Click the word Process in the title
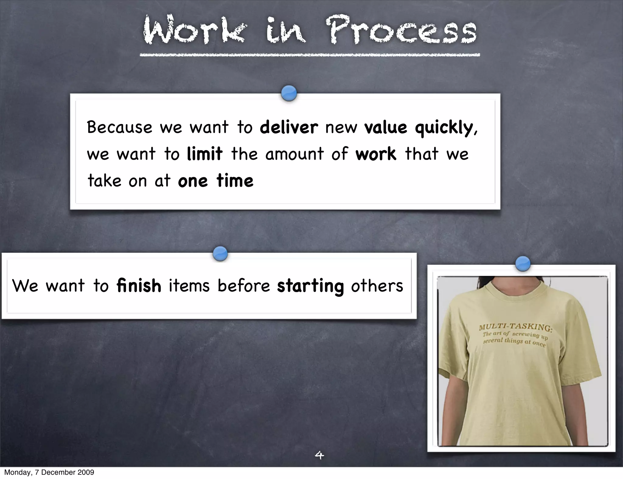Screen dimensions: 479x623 [402, 30]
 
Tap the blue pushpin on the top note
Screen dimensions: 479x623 [289, 93]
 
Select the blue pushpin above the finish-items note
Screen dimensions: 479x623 [220, 253]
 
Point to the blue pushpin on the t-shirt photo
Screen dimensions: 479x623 [523, 263]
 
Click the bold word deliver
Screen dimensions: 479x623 [289, 127]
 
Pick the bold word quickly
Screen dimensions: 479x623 [446, 128]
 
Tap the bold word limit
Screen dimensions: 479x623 [204, 153]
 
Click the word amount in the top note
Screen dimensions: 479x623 [294, 154]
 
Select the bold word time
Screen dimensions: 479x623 [235, 181]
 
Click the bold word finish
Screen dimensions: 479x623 [139, 286]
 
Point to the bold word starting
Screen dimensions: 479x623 [310, 286]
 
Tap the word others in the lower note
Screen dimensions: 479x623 [377, 286]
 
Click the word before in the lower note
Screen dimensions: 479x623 [244, 286]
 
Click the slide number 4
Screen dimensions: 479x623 [319, 455]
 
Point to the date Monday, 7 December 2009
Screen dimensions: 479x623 [49, 472]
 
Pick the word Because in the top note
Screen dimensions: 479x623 [119, 127]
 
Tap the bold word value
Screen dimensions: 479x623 [385, 127]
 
